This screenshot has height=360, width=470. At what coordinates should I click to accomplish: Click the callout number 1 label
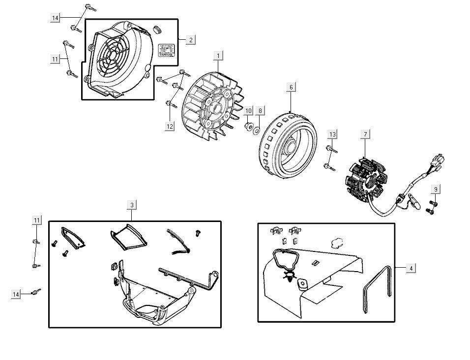click(x=218, y=56)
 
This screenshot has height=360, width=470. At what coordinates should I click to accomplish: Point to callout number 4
click(x=411, y=268)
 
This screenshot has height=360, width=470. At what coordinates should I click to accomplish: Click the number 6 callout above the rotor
click(x=291, y=87)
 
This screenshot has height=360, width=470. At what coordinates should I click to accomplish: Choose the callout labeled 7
click(x=365, y=134)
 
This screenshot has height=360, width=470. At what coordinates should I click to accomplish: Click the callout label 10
click(x=248, y=111)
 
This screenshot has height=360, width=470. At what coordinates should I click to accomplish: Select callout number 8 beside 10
click(x=261, y=111)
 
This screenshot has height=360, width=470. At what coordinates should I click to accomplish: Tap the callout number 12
click(x=170, y=126)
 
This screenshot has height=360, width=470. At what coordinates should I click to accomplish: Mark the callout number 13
click(x=333, y=134)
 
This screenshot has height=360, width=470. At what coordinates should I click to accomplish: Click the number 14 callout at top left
click(x=56, y=18)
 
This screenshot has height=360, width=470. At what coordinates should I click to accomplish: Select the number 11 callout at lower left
click(x=37, y=220)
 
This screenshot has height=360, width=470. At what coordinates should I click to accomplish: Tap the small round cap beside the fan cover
click(x=158, y=29)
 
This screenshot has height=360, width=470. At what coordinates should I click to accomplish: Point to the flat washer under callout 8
click(x=256, y=130)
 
